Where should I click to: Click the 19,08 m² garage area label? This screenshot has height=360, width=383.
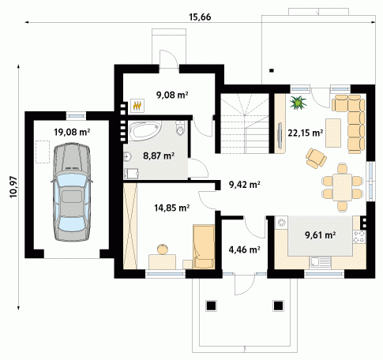72,132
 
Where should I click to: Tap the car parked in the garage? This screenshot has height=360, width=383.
72,192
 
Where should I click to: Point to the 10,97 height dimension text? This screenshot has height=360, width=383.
13,187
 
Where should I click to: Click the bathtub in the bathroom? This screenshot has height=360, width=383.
146,130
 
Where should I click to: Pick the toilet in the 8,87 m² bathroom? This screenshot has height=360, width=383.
180,128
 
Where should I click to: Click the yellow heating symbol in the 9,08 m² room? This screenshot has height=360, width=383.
137,106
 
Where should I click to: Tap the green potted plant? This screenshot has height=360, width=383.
298,103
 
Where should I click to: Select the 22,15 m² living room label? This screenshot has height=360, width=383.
306,133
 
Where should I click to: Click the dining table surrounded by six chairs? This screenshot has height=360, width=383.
342,187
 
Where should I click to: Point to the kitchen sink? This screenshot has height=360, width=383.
320,262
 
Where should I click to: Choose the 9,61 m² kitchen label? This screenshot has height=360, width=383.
320,234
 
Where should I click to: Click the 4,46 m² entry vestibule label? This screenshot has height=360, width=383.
245,249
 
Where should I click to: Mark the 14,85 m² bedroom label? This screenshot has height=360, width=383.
171,208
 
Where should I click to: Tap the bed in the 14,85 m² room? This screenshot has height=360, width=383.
204,246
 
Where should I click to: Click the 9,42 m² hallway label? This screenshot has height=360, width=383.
245,185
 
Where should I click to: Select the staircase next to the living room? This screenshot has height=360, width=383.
245,123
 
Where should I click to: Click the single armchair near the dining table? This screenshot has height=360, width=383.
316,158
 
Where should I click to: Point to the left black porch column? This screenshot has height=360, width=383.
211,306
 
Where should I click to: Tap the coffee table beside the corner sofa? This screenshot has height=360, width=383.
333,133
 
